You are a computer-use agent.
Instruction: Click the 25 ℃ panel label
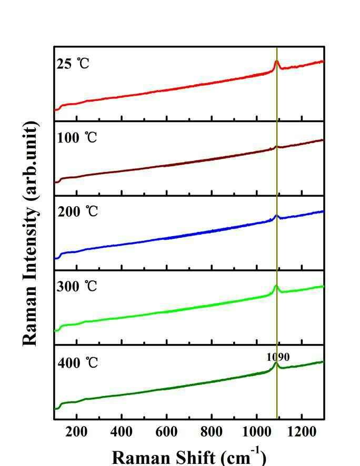pyautogui.click(x=73, y=65)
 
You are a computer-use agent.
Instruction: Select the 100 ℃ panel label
pyautogui.click(x=77, y=139)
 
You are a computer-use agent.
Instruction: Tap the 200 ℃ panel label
pyautogui.click(x=77, y=212)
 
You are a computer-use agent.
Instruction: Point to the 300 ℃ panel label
pyautogui.click(x=77, y=287)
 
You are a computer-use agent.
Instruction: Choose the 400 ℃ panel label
pyautogui.click(x=77, y=363)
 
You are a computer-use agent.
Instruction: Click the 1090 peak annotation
pyautogui.click(x=278, y=357)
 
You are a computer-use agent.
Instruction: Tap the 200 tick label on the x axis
pyautogui.click(x=77, y=432)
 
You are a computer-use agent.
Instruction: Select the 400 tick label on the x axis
pyautogui.click(x=122, y=432)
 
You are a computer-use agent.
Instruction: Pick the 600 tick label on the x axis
pyautogui.click(x=167, y=432)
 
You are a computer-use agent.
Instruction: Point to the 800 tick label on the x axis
pyautogui.click(x=212, y=432)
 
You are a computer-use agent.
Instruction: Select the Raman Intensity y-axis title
pyautogui.click(x=31, y=234)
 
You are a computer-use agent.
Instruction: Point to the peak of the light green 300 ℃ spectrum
pyautogui.click(x=276, y=286)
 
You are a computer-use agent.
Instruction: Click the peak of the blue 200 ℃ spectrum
pyautogui.click(x=276, y=215)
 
